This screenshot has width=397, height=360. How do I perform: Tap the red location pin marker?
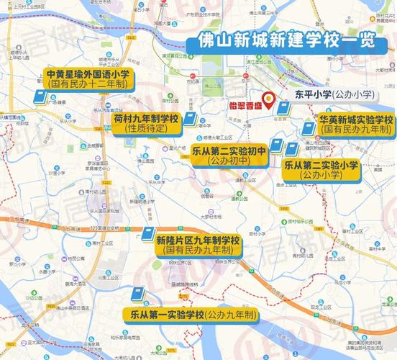click(x=269, y=99)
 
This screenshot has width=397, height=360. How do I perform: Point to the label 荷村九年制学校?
click(x=146, y=118)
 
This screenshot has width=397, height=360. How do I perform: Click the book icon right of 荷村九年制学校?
click(x=189, y=120)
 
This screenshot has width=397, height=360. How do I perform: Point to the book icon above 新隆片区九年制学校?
click(x=147, y=235)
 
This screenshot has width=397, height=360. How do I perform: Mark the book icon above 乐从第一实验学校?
click(x=137, y=294)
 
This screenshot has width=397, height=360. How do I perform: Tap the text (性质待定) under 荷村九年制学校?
click(x=146, y=129)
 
